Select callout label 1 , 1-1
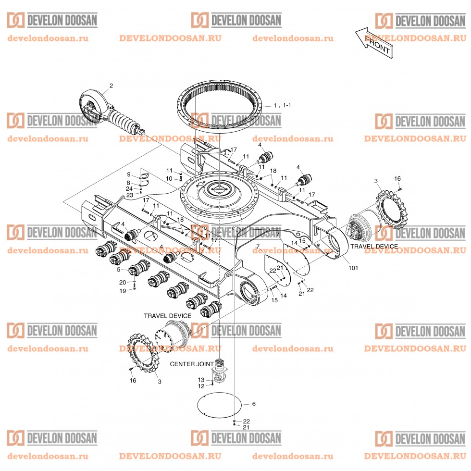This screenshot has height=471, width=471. tap(282, 105)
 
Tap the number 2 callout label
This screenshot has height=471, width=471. tap(111, 86)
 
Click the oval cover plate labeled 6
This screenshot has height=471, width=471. tap(219, 406)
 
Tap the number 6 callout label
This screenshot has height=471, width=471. tap(254, 404)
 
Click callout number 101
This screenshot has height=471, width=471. tap(354, 267)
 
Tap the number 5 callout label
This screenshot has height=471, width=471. tap(118, 270)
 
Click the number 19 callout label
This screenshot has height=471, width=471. tap(123, 291)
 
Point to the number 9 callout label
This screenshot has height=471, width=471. tap(129, 174)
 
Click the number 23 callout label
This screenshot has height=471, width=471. tap(130, 195)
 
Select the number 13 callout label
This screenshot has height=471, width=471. tap(201, 380)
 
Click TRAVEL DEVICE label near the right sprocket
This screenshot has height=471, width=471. tap(374, 246)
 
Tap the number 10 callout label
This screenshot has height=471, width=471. tap(169, 178)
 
